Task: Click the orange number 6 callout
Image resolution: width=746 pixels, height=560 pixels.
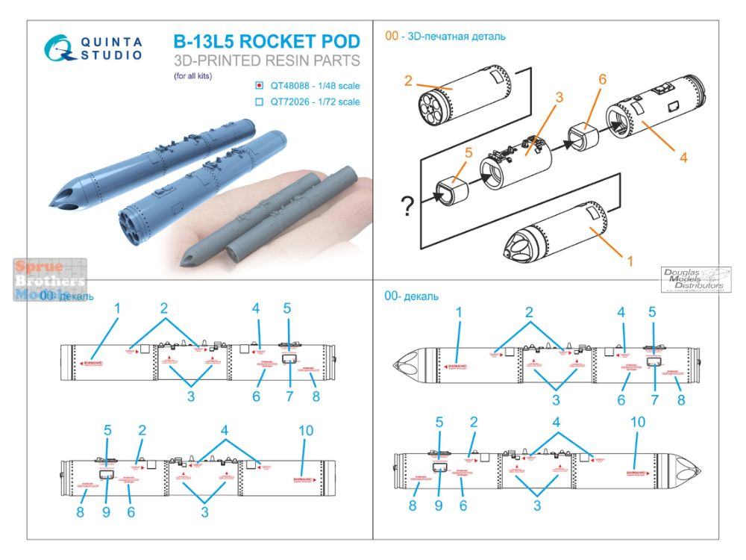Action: [603, 80]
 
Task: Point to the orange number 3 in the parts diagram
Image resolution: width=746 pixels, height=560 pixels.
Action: [559, 97]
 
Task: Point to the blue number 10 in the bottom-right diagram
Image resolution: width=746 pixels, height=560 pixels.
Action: [637, 421]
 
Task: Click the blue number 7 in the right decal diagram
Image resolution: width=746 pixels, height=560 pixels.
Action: [653, 399]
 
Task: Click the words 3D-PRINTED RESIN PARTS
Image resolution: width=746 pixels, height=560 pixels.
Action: [266, 61]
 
